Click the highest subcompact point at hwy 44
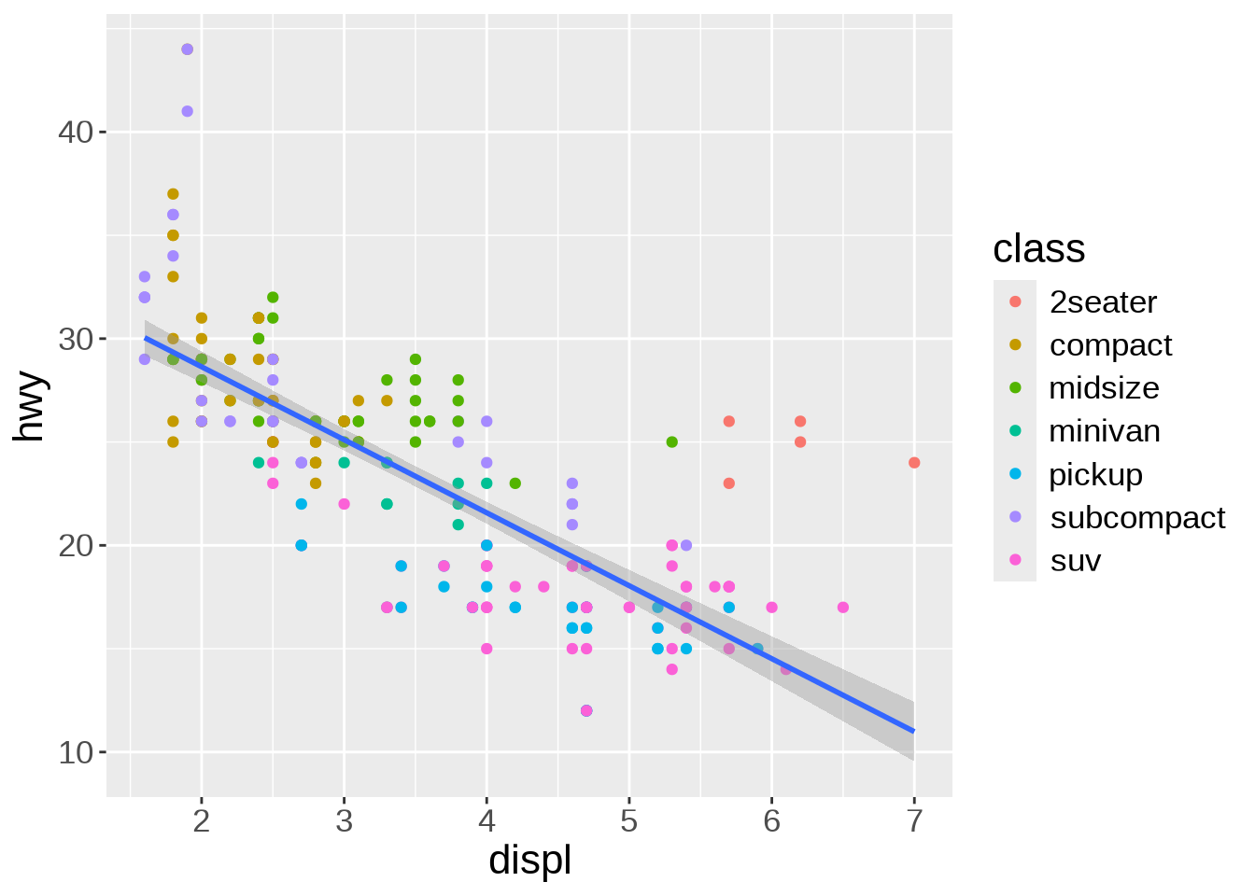[x=187, y=49]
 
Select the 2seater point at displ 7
[x=914, y=463]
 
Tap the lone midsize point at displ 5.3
[x=671, y=442]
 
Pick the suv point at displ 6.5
[x=843, y=608]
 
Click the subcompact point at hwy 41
[x=187, y=111]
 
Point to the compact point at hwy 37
[x=173, y=194]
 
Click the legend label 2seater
[x=1103, y=302]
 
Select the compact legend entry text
[x=1110, y=345]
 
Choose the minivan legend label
[x=1105, y=431]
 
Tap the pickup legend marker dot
[x=1015, y=474]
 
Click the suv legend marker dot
[x=1015, y=561]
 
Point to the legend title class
[x=1038, y=249]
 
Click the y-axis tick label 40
[x=76, y=133]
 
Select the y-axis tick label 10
[x=76, y=752]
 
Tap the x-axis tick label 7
[x=914, y=821]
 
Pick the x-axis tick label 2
[x=202, y=821]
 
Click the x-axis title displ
[x=529, y=861]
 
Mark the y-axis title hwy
[x=30, y=406]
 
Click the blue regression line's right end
[x=912, y=730]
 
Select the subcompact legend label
[x=1137, y=518]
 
